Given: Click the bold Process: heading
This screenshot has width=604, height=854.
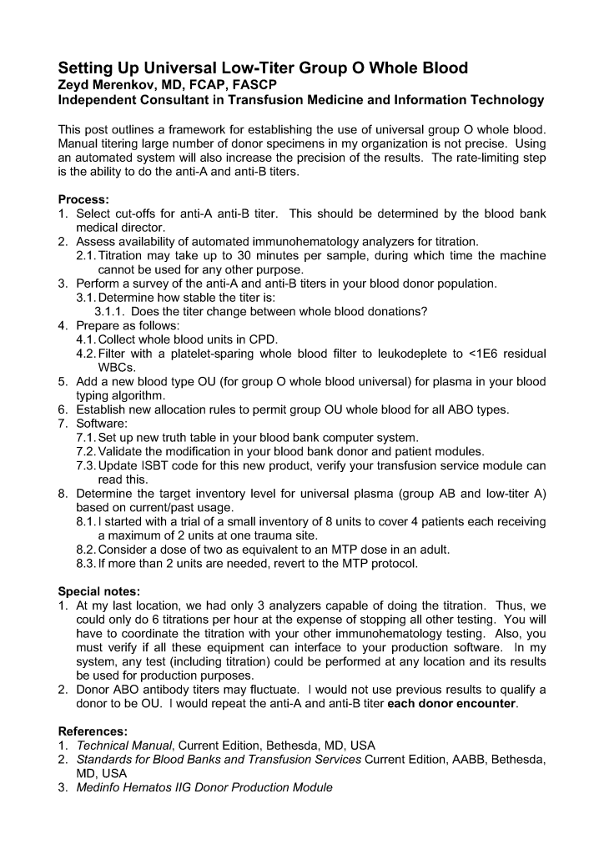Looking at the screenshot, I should point(83,200).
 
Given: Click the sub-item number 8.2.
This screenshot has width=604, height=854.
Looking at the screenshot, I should point(85,550).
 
